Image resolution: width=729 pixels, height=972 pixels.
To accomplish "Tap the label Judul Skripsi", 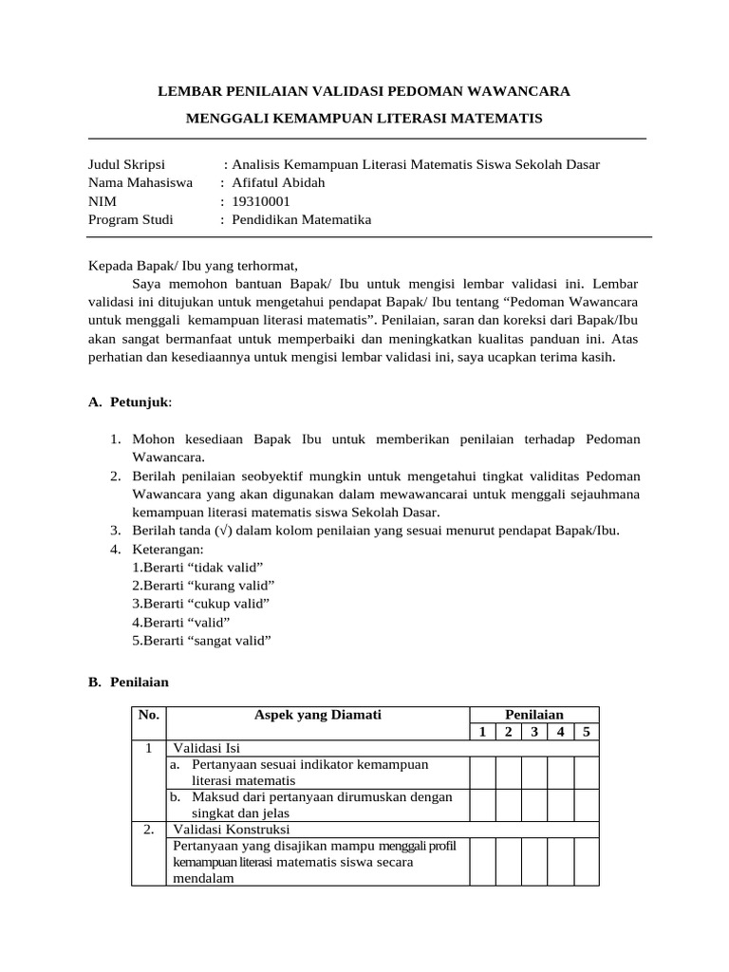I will point(126,164).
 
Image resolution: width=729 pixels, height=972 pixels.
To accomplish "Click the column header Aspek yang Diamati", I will point(318,714).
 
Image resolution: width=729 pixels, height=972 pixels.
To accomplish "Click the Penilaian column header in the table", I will point(533,714).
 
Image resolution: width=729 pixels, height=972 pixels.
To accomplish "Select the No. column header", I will point(149,714).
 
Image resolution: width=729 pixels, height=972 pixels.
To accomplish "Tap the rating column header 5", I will point(586,731).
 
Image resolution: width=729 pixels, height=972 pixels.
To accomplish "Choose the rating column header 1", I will point(482,731).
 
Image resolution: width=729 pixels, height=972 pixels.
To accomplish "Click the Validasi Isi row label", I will point(206,748).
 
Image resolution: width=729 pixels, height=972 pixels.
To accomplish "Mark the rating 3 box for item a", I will point(534,772).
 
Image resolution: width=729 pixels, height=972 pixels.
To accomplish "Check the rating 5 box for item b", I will point(586,805).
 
